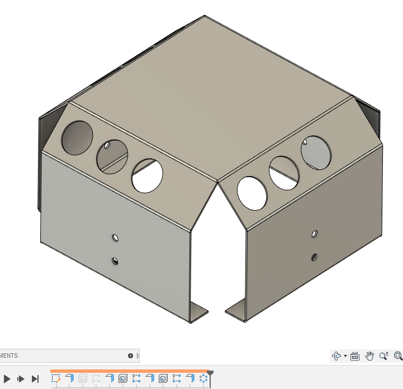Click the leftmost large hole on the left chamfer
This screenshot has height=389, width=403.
point(77,137)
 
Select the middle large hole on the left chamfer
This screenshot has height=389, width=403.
point(112,155)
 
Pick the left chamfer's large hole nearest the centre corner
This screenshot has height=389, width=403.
point(147,175)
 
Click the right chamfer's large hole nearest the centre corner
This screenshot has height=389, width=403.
point(253,192)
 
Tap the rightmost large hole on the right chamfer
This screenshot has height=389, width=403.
point(316,153)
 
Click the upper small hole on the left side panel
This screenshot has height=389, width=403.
point(115,238)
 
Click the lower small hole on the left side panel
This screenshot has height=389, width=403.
point(115,260)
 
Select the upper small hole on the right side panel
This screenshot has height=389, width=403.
point(315,233)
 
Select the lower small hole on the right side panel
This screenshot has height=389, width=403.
point(315,257)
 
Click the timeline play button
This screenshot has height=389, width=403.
point(7,379)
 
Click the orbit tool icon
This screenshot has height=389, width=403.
point(336,355)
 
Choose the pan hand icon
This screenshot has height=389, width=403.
point(369,355)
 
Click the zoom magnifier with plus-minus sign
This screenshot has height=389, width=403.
point(384,355)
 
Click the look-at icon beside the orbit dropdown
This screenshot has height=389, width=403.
point(354,355)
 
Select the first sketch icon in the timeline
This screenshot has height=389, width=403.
point(56,378)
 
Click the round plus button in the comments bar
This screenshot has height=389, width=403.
point(130,355)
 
